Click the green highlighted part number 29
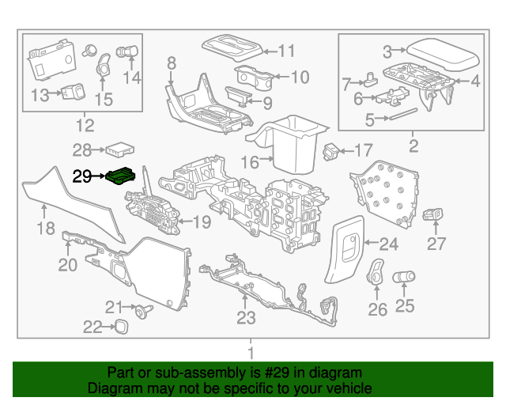pos(123,176)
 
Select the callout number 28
pos(82,149)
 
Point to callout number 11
pos(285,51)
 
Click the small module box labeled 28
pos(123,148)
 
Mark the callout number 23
pos(247,317)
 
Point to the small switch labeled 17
pos(333,149)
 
